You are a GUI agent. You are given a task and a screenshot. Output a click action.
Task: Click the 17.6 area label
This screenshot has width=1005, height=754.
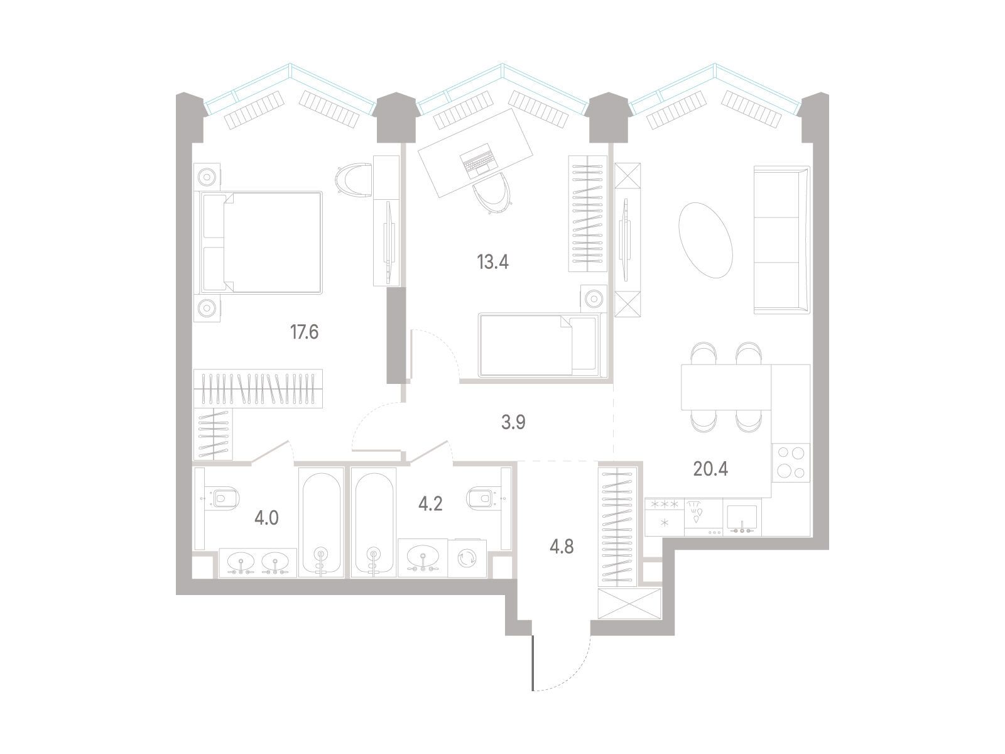click(x=305, y=332)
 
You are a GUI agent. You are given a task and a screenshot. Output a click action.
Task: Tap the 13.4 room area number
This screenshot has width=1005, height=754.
click(x=492, y=262)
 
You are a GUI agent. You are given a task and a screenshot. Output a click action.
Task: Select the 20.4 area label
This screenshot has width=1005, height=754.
click(x=710, y=469)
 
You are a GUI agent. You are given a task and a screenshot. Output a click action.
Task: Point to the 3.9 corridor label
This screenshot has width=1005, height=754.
click(x=513, y=422)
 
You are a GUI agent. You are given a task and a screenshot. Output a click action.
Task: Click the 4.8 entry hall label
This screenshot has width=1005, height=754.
click(x=562, y=547)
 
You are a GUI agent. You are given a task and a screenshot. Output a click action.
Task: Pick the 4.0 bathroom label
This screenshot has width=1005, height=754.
click(x=266, y=518)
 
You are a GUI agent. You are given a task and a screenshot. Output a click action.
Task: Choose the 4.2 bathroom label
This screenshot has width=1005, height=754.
click(x=430, y=503)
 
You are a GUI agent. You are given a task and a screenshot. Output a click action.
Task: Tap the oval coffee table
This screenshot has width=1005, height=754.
click(x=706, y=240)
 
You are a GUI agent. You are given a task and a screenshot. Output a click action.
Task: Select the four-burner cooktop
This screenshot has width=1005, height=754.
click(x=791, y=462)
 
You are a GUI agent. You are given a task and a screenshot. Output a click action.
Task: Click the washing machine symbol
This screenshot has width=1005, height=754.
click(x=467, y=559)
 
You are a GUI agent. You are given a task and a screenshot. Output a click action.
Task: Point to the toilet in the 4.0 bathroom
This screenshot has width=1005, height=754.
click(x=222, y=498)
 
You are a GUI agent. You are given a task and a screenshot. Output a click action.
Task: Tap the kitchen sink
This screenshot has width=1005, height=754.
click(x=742, y=518)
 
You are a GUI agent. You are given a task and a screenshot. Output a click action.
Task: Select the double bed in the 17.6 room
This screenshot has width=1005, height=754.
click(x=261, y=243)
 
